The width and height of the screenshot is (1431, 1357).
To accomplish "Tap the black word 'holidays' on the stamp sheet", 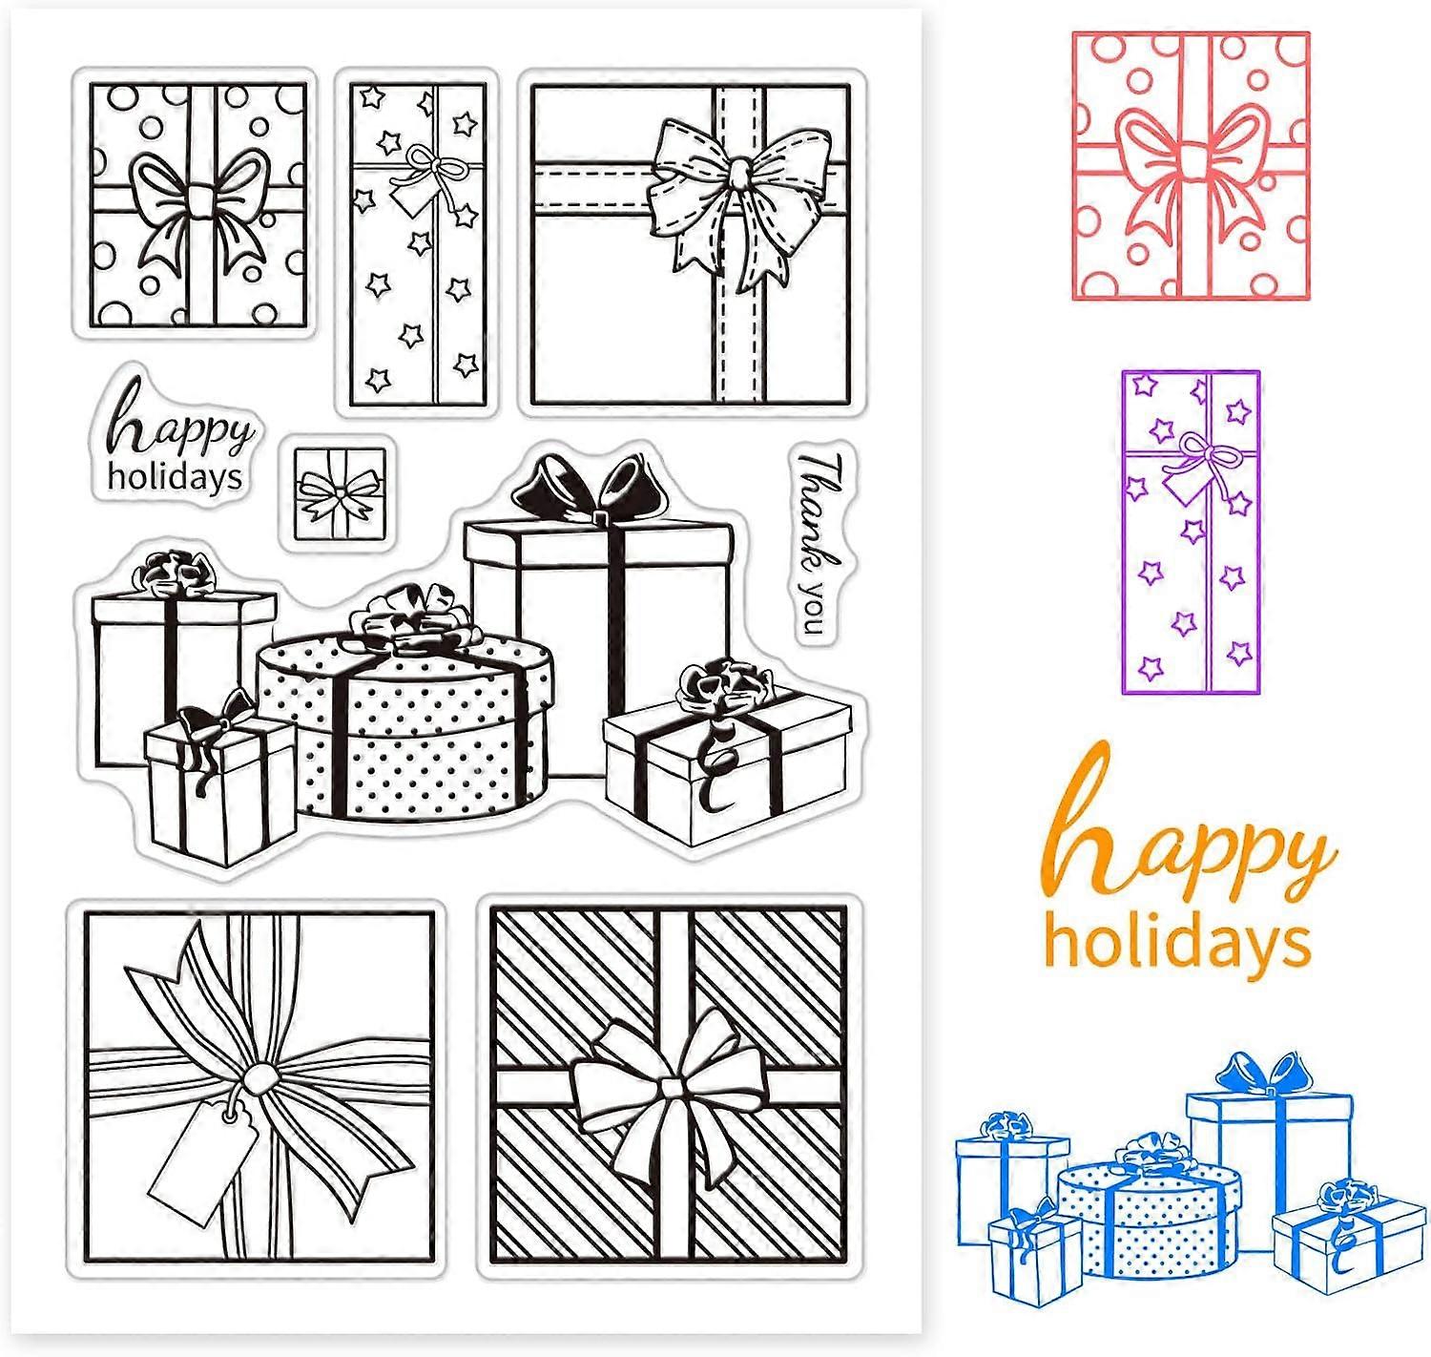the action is (175, 478).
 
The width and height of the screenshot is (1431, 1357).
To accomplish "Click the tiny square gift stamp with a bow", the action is (340, 494).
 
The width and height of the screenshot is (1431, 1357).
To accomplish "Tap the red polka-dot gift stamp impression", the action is (1190, 165).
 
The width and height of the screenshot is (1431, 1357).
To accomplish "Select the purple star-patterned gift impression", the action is (1190, 532).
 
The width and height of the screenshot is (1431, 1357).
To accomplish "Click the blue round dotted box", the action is (1148, 1212).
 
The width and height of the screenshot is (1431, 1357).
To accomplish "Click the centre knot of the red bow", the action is (1191, 161).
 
